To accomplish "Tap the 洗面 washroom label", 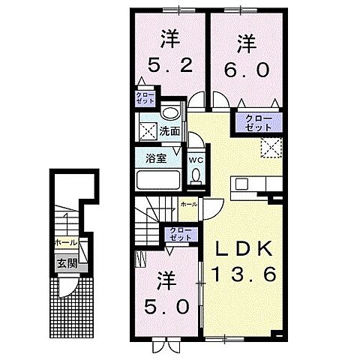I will [x=169, y=130].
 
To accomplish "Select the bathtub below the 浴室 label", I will [x=157, y=180].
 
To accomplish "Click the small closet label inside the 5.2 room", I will [x=143, y=98].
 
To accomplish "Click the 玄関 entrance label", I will [x=66, y=263].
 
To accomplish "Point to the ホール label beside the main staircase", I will [x=188, y=204].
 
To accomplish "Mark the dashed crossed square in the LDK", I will [x=268, y=148].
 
